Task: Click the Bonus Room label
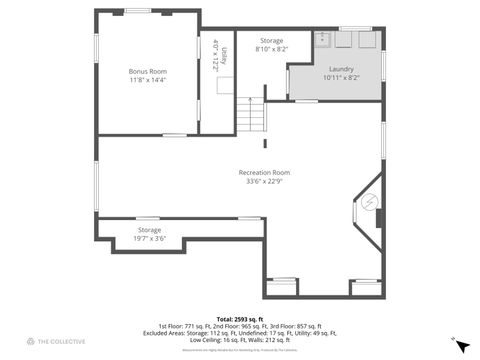click(147, 71)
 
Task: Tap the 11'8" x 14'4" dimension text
click(147, 79)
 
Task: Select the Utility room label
click(224, 56)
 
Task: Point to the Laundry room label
click(337, 69)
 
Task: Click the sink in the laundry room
click(323, 40)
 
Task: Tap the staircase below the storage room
click(251, 116)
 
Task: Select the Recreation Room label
click(264, 172)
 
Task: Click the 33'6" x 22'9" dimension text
click(264, 181)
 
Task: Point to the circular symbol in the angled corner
click(369, 202)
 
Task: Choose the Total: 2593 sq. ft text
click(239, 318)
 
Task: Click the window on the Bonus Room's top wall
click(138, 11)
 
